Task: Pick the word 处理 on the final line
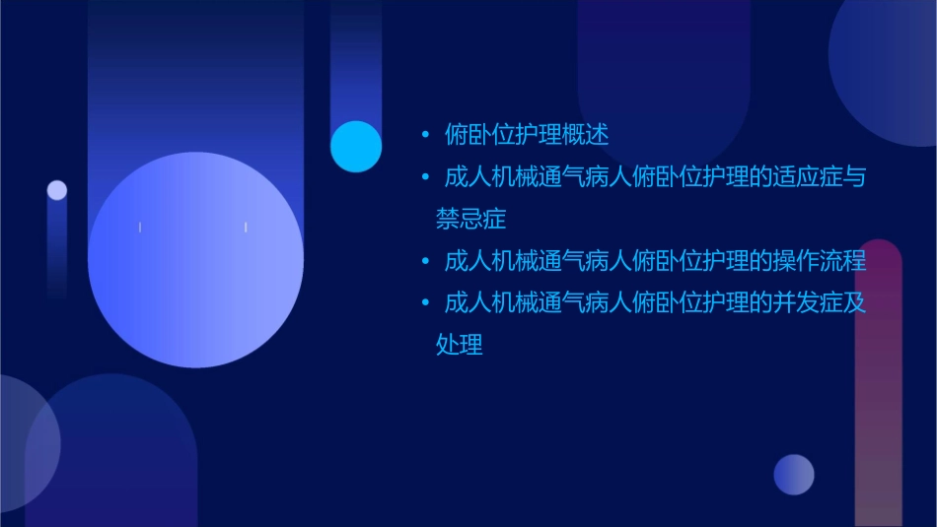(x=460, y=345)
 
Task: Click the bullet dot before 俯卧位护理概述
(x=425, y=135)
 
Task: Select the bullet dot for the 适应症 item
(x=425, y=178)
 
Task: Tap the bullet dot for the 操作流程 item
(x=425, y=263)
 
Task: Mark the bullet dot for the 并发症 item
(x=425, y=303)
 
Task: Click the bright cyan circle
(x=356, y=147)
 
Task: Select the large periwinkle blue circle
(x=195, y=260)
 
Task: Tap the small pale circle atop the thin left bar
(x=57, y=190)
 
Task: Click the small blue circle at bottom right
(x=794, y=474)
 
